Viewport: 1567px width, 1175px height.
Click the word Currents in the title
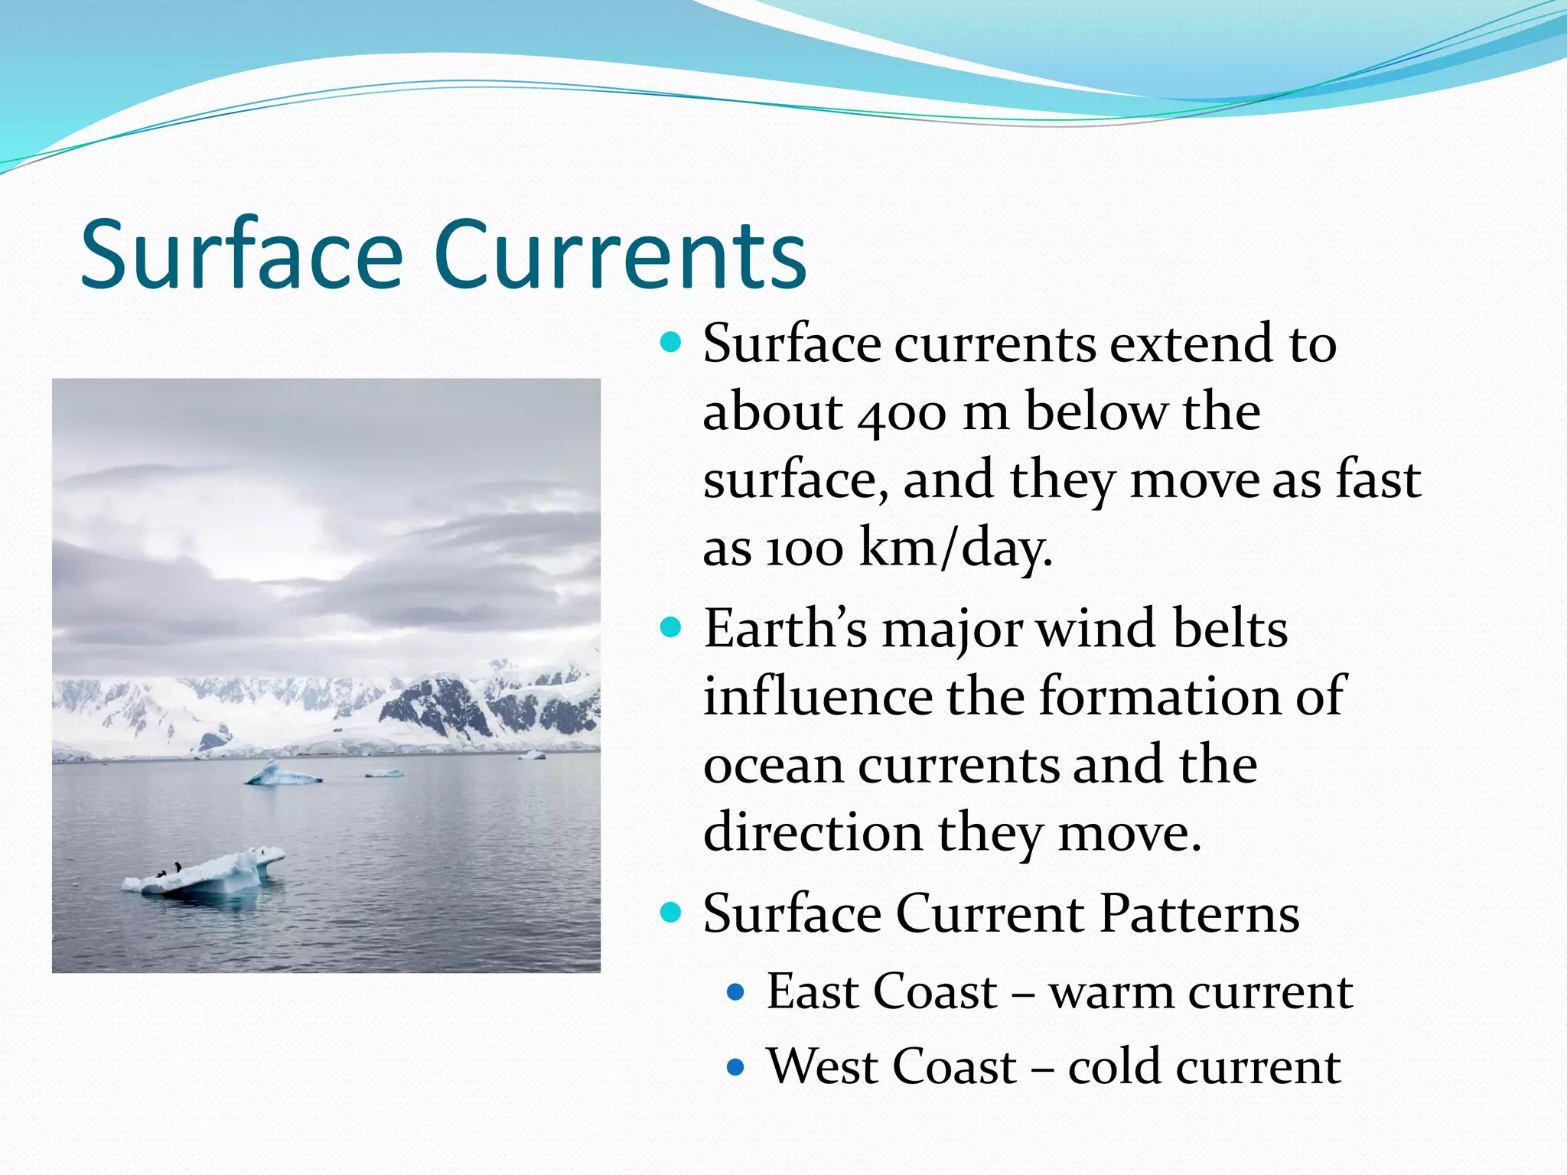click(620, 255)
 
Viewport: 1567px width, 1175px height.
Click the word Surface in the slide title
click(242, 255)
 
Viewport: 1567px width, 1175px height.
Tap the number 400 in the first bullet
click(902, 414)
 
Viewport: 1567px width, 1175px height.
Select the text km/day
click(956, 548)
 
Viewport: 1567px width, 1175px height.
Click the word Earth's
click(785, 630)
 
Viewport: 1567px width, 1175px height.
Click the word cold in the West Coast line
click(1114, 1067)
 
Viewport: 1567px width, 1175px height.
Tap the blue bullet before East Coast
click(735, 993)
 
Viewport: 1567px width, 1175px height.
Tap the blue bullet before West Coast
click(735, 1067)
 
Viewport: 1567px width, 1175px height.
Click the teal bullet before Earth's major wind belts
click(670, 629)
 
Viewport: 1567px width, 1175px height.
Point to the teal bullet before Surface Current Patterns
click(670, 913)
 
